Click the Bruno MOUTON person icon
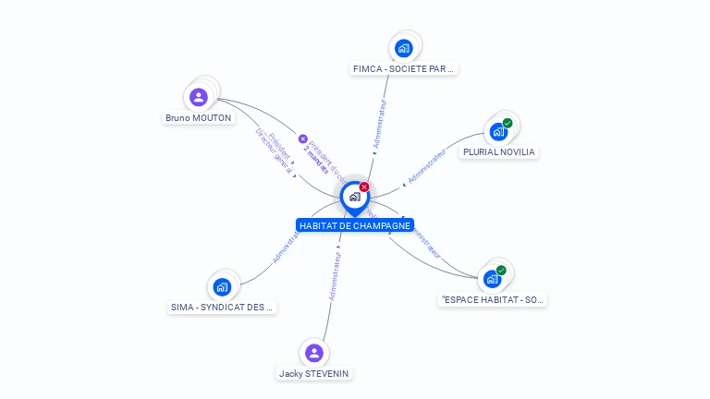pos(199,97)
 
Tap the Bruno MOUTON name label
pos(199,117)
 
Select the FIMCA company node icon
pos(403,48)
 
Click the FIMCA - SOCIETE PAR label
pos(404,68)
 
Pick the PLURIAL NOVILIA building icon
pos(499,132)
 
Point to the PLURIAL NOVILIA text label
pos(499,151)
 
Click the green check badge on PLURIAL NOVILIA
pos(508,123)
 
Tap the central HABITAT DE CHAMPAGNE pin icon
pos(354,197)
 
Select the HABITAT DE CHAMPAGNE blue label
pos(355,225)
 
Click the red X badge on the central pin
pos(364,187)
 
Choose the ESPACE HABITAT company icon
pos(492,279)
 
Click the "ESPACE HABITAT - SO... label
pos(493,299)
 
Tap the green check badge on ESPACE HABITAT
pos(501,271)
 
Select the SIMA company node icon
pos(222,286)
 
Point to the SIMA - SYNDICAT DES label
pos(223,307)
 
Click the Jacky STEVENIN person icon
pos(314,353)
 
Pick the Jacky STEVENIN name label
pos(315,373)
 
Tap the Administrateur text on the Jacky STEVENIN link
pos(335,276)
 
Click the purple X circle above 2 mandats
pos(302,139)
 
